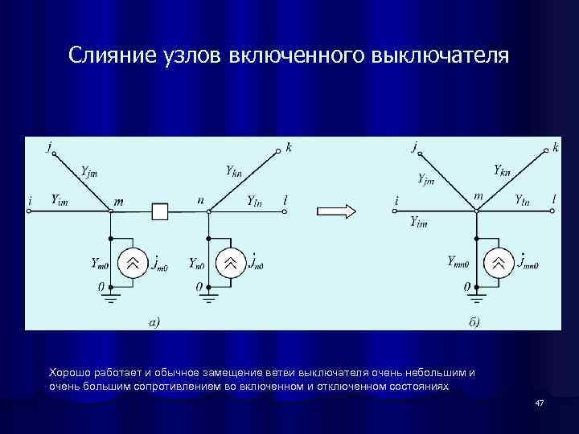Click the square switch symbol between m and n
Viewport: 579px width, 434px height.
pyautogui.click(x=160, y=211)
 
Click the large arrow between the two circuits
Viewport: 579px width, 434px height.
pyautogui.click(x=336, y=211)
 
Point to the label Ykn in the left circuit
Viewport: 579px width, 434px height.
pyautogui.click(x=233, y=170)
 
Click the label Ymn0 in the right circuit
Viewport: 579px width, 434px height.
pyautogui.click(x=462, y=260)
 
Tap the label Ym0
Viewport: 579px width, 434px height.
pyautogui.click(x=101, y=262)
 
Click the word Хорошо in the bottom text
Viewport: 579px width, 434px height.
pyautogui.click(x=71, y=373)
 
